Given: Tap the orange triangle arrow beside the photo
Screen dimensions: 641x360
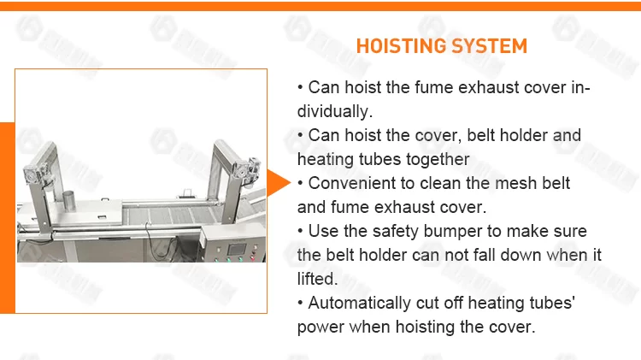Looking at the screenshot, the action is click(278, 182).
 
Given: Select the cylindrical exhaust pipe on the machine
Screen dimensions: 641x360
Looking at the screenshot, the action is click(68, 200).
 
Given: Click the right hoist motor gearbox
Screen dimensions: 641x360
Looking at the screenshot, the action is click(246, 168).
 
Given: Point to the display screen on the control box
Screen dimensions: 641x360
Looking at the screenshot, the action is click(237, 249).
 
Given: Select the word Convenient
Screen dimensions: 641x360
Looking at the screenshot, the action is click(351, 183).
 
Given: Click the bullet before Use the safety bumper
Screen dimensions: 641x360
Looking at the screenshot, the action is click(301, 232).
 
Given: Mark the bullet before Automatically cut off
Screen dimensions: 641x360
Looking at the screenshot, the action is click(301, 304).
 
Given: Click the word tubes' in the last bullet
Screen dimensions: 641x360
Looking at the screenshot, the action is click(552, 304).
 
